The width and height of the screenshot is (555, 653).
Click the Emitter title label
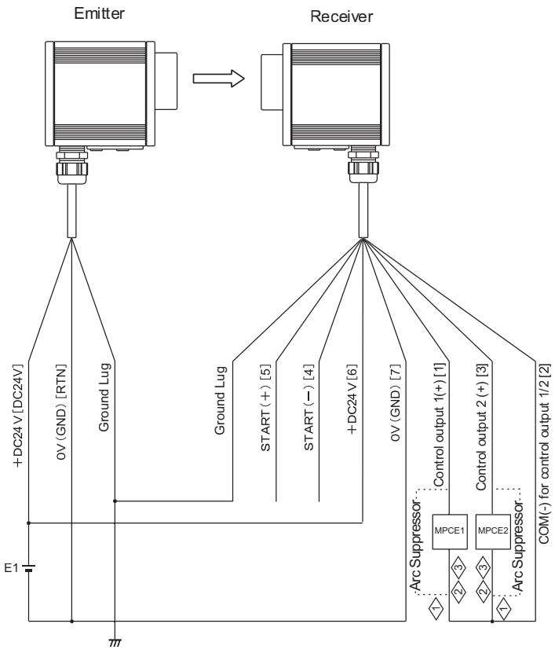pos(99,13)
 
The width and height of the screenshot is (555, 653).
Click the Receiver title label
pos(341,17)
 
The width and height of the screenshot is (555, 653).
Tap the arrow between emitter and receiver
pos(219,78)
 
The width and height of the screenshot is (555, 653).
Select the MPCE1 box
pos(449,531)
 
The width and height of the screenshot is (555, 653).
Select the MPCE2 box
pos(493,531)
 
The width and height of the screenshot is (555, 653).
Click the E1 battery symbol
pos(29,568)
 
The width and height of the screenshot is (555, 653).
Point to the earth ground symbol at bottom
pos(115,642)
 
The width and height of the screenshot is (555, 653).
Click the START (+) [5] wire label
pos(265,408)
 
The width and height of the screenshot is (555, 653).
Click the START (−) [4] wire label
pos(309,408)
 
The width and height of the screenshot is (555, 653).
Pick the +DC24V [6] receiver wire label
pos(352,400)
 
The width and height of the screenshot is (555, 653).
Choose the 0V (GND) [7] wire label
pos(395,402)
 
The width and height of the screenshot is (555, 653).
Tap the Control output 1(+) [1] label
pos(440,425)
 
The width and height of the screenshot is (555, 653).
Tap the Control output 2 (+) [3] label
pos(482,427)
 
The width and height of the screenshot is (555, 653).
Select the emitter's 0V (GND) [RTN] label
pos(60,413)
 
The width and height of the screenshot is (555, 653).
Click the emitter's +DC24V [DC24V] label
pos(18,416)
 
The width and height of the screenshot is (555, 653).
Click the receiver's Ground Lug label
pos(220,401)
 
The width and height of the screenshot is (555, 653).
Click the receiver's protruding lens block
pos(272,82)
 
